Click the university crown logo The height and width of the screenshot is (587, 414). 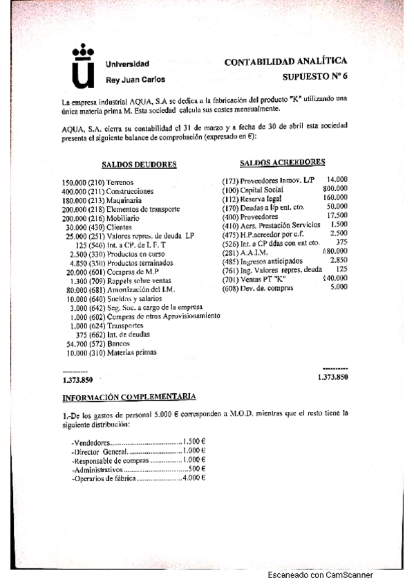83,67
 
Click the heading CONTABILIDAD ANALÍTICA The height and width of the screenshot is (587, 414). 285,62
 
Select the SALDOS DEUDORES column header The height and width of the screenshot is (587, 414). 138,165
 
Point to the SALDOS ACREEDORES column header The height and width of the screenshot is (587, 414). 282,162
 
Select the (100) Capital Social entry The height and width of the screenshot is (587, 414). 252,189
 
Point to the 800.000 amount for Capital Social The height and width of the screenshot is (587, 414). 335,188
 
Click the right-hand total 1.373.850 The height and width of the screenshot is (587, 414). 332,377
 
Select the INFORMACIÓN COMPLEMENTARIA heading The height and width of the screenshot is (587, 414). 129,397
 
